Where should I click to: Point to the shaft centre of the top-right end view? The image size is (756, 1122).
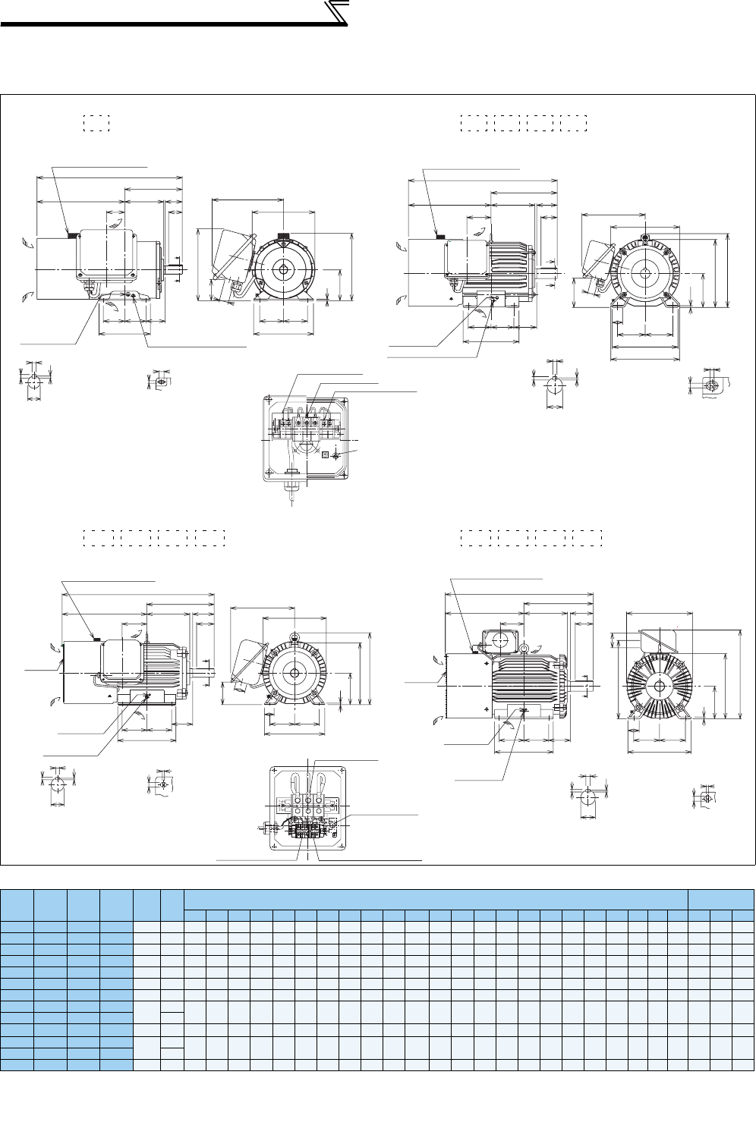644,272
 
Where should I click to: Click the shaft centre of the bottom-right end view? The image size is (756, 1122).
659,686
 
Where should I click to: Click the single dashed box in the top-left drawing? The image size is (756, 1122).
96,123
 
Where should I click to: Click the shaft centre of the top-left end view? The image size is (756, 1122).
283,269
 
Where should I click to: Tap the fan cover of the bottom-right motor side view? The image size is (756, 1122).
465,686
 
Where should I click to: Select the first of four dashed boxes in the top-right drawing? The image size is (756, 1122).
474,123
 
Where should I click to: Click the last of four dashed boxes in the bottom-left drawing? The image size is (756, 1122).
209,538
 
